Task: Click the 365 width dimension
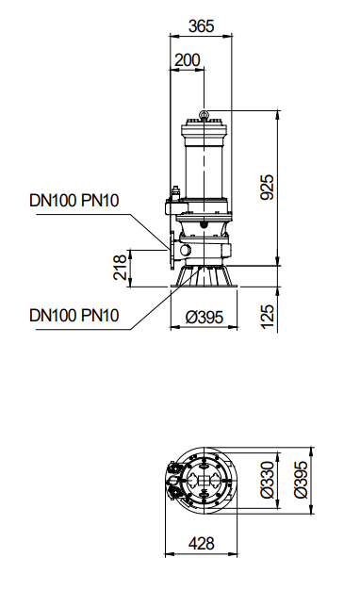tap(201, 26)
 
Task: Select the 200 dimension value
tap(188, 60)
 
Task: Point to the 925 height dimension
tap(267, 188)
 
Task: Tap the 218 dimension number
tap(120, 267)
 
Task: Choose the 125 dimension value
tap(267, 317)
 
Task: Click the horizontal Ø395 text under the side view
tap(204, 317)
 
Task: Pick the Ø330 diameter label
tap(267, 479)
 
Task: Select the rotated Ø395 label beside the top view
tap(301, 479)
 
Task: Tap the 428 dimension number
tap(202, 543)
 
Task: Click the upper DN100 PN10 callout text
tap(74, 201)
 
